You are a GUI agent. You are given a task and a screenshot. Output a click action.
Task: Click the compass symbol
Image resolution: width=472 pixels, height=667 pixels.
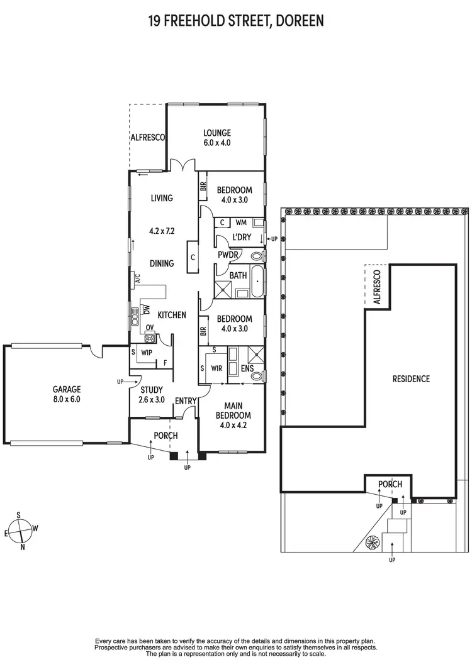click(x=22, y=529)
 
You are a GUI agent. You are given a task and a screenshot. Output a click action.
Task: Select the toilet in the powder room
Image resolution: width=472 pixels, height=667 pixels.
click(x=257, y=256)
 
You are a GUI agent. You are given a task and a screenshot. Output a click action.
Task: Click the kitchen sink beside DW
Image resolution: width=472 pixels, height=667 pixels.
click(x=135, y=312)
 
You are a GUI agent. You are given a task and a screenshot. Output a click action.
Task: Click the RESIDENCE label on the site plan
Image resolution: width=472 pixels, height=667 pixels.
click(x=411, y=378)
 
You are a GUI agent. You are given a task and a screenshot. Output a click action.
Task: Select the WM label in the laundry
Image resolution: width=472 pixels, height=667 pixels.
click(x=240, y=222)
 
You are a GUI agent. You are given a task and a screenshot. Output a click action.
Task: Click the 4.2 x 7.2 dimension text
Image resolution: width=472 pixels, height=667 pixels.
click(x=162, y=231)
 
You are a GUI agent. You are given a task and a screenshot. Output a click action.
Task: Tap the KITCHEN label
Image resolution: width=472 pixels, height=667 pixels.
click(x=171, y=314)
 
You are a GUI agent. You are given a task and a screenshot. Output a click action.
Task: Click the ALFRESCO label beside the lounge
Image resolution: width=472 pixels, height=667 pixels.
click(x=147, y=137)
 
